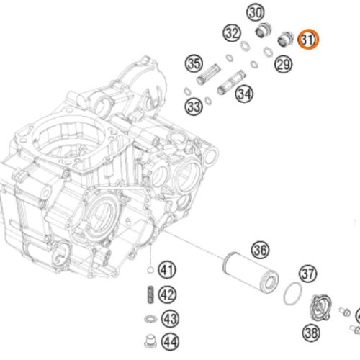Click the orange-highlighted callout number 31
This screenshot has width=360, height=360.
pos(308,40)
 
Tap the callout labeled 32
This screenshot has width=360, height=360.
pos(231,33)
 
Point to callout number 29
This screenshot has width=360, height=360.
pos(283,66)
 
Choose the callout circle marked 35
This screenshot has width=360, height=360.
pos(194,63)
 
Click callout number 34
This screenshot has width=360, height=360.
pos(244,93)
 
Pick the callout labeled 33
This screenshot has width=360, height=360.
pos(193,107)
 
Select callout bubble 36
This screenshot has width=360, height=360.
pos(260,250)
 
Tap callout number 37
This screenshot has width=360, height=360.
pos(308,274)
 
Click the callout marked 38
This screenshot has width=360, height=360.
pos(312,333)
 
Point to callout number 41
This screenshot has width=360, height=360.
pos(168,271)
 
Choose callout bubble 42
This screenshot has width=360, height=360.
pos(168,294)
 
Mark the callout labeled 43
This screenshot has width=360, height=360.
pos(169,318)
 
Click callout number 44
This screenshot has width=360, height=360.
pos(169,343)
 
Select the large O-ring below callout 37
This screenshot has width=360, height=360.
pos(292,294)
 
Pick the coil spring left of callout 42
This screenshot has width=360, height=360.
pos(149,295)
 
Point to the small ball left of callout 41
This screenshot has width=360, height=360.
pos(149,271)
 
